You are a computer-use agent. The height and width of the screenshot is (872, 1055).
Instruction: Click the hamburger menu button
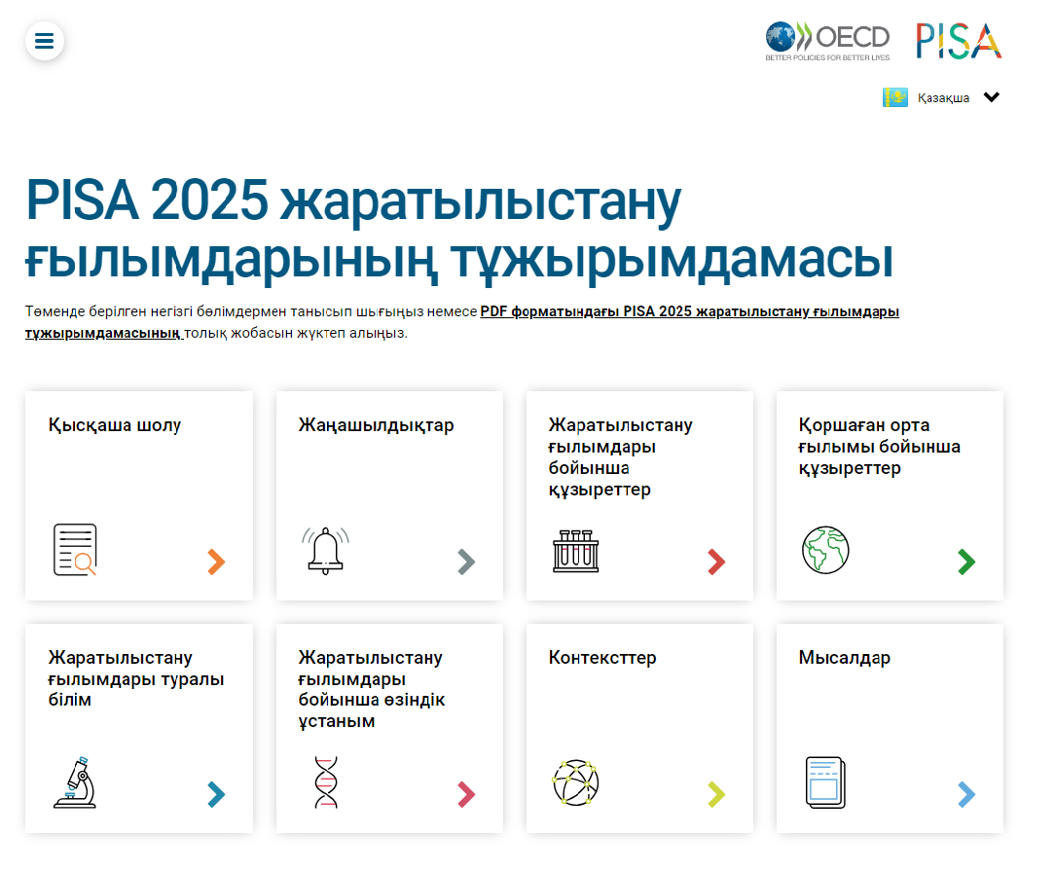click(45, 41)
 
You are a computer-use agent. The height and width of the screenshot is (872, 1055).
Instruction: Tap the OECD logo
click(827, 41)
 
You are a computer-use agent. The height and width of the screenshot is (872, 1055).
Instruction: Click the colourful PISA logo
click(959, 41)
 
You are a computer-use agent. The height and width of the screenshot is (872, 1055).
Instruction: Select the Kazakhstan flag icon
click(895, 97)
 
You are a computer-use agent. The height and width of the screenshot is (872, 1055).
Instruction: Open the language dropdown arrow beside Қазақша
click(991, 97)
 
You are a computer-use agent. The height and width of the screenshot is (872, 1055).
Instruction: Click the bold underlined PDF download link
click(689, 311)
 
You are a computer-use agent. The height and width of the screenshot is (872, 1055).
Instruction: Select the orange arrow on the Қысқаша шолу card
click(216, 562)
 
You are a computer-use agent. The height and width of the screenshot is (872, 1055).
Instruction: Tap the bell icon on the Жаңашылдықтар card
click(325, 550)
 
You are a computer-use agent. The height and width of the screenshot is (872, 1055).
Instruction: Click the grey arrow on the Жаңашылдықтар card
click(466, 562)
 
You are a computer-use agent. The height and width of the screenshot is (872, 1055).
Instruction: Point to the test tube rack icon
click(575, 550)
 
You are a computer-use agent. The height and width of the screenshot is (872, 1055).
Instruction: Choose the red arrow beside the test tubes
click(716, 562)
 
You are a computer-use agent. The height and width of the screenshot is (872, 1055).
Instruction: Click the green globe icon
click(825, 550)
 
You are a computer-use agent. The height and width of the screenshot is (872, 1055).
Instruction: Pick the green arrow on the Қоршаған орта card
click(966, 562)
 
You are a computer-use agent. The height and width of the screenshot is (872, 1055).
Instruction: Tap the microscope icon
click(75, 782)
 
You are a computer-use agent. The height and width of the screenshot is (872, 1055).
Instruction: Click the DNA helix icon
click(325, 782)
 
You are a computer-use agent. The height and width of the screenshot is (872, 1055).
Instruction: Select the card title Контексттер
click(602, 658)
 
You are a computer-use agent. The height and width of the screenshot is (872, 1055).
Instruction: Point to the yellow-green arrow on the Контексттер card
click(716, 794)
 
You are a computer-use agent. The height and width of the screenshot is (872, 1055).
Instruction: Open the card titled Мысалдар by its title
click(845, 658)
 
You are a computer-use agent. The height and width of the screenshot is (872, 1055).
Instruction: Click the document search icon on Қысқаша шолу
click(75, 550)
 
